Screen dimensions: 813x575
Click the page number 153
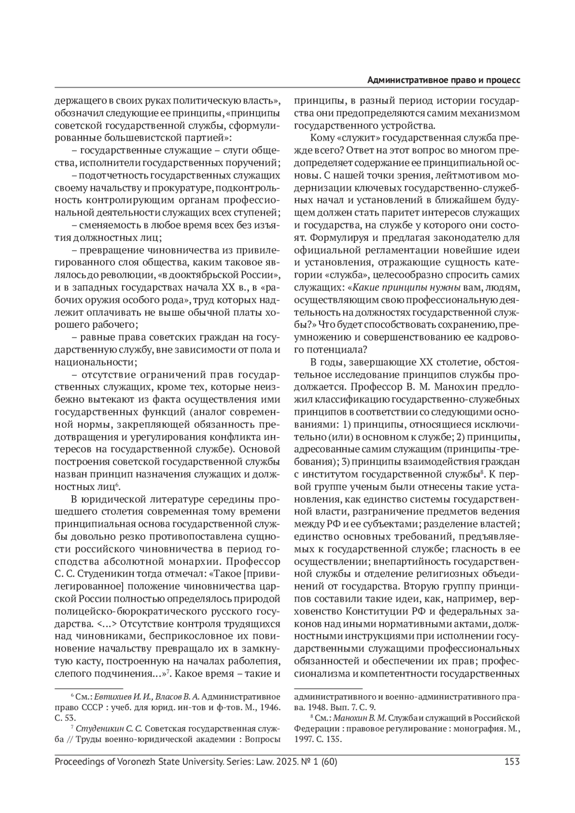point(512,761)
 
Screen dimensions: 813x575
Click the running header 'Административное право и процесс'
point(444,80)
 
